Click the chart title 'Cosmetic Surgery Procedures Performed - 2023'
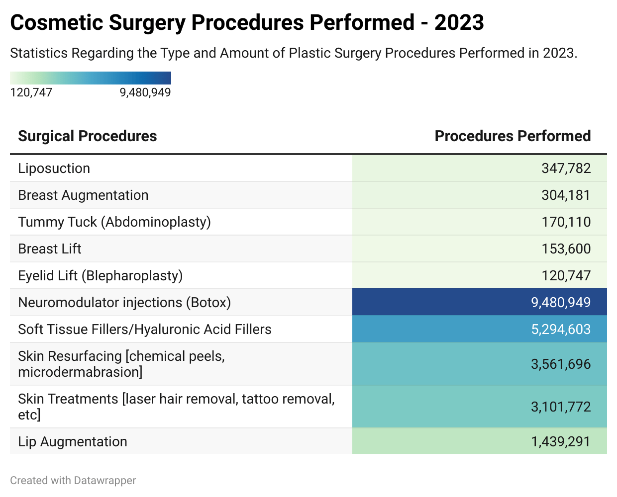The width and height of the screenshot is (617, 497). coord(247,23)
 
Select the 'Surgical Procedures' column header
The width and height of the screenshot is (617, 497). coord(88,136)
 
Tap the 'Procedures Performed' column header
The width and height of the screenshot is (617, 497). coord(513,136)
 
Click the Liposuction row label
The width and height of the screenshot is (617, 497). coord(54,168)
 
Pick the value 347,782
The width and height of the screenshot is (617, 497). coord(566,168)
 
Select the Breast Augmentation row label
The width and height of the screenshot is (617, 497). coord(83,195)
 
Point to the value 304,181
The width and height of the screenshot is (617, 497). coord(566,195)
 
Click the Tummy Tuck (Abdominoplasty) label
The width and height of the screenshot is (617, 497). coord(114,222)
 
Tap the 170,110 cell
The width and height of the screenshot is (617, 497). coord(566,222)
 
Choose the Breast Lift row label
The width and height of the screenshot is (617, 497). coord(50,249)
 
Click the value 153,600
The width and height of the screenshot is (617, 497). coord(566,249)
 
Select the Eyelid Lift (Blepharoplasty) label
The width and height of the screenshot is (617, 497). coord(101,276)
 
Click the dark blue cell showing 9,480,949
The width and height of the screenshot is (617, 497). coord(561,303)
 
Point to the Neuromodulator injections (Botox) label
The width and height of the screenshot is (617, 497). coord(124,303)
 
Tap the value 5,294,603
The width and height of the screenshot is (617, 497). coord(561,330)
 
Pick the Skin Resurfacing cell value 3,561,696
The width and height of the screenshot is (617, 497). coord(561,364)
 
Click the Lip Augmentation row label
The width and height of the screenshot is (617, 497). coord(73,442)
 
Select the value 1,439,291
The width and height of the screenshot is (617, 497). coord(561,442)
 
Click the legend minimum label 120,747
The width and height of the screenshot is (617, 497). coord(31,92)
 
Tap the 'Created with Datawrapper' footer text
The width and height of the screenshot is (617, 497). coord(73,481)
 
